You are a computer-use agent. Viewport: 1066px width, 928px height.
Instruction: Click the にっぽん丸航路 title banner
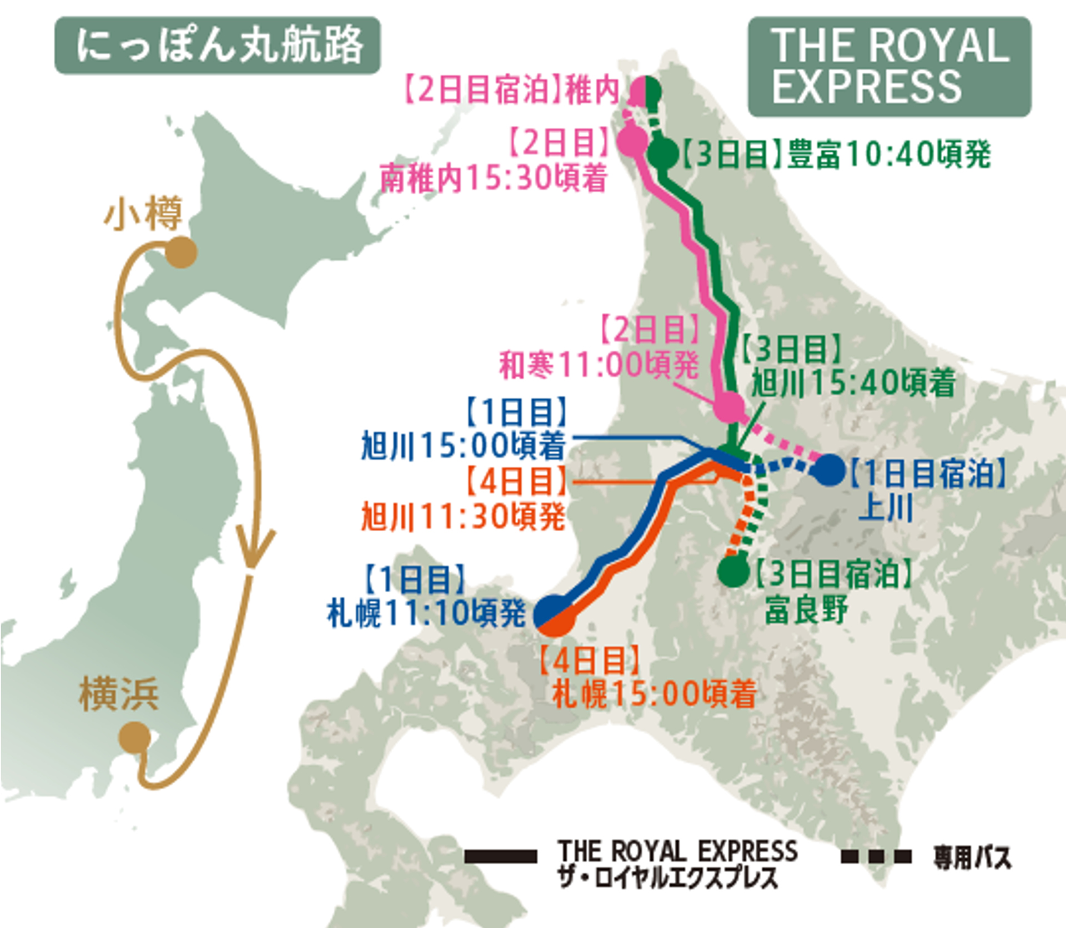[217, 46]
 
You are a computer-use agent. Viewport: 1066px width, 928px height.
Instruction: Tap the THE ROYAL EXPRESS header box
[889, 67]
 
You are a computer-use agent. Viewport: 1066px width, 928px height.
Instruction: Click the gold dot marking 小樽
[181, 253]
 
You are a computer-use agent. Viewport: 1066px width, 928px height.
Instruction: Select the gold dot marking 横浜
[135, 738]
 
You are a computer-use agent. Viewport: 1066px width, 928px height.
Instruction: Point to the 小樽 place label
[143, 215]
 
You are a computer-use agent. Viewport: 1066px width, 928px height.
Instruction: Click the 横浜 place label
[119, 694]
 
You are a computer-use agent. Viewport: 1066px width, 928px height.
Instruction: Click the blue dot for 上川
[828, 470]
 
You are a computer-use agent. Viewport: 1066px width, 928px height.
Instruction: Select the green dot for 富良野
[733, 571]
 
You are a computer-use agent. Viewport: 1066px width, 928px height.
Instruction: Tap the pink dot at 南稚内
[635, 140]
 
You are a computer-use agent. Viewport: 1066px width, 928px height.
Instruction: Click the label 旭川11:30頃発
[463, 517]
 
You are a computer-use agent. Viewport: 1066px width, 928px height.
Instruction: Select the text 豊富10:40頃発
[888, 154]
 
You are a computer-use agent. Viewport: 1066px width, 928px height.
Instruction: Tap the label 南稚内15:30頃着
[493, 179]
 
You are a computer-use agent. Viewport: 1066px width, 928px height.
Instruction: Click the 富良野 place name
[806, 609]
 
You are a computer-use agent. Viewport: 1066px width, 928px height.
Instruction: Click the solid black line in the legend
[500, 856]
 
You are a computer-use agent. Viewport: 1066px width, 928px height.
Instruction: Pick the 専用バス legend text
[972, 858]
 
